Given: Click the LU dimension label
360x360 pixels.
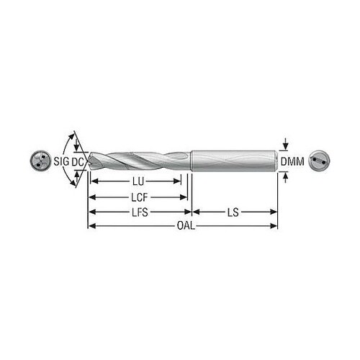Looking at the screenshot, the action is (138, 181).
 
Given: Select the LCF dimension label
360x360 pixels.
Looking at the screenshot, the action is (140, 197).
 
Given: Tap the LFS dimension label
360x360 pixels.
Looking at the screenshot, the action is (140, 212).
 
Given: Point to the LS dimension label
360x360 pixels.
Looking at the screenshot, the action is (233, 212).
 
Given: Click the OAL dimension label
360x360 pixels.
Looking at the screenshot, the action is (186, 226).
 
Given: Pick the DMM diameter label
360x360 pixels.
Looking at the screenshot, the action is (292, 161).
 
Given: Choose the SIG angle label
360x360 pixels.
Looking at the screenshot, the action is (61, 161).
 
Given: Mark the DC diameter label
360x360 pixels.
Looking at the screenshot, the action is (78, 162).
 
